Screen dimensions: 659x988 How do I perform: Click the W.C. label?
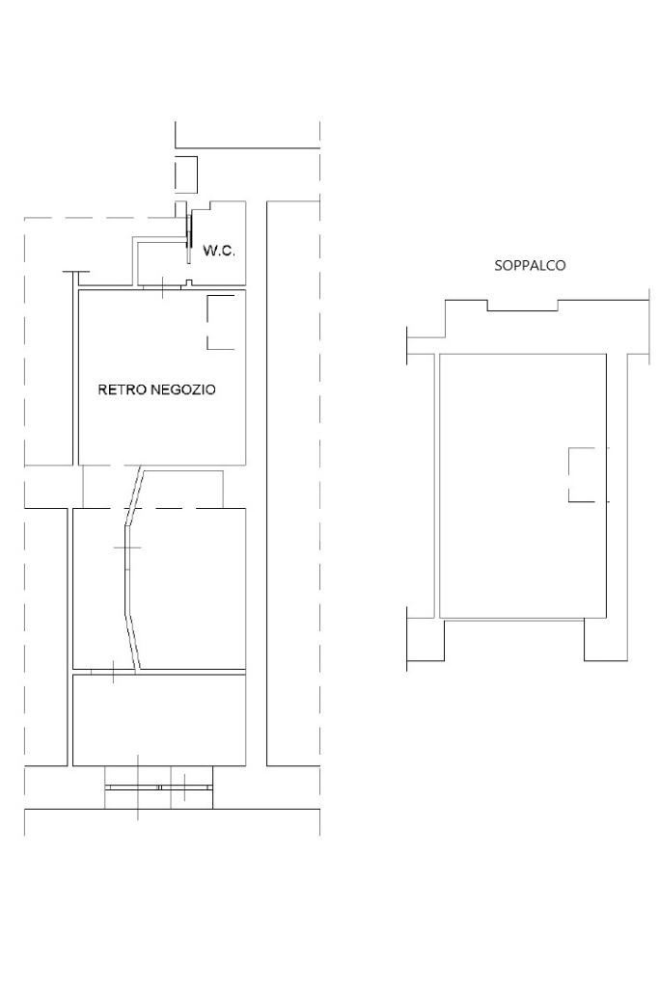tap(219, 251)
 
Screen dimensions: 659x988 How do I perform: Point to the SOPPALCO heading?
tap(530, 265)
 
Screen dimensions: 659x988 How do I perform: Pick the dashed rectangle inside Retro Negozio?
tap(221, 321)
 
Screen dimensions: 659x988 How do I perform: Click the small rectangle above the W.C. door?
tap(186, 174)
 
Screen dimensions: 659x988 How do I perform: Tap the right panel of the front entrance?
tap(186, 787)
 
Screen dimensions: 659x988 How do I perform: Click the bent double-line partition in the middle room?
tap(128, 567)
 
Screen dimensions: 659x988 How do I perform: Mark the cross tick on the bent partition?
tap(126, 547)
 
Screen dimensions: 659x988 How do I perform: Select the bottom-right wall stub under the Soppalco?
tap(605, 640)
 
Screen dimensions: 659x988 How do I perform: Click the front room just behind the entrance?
tap(159, 720)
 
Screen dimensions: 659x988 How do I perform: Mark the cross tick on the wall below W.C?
tap(163, 287)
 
